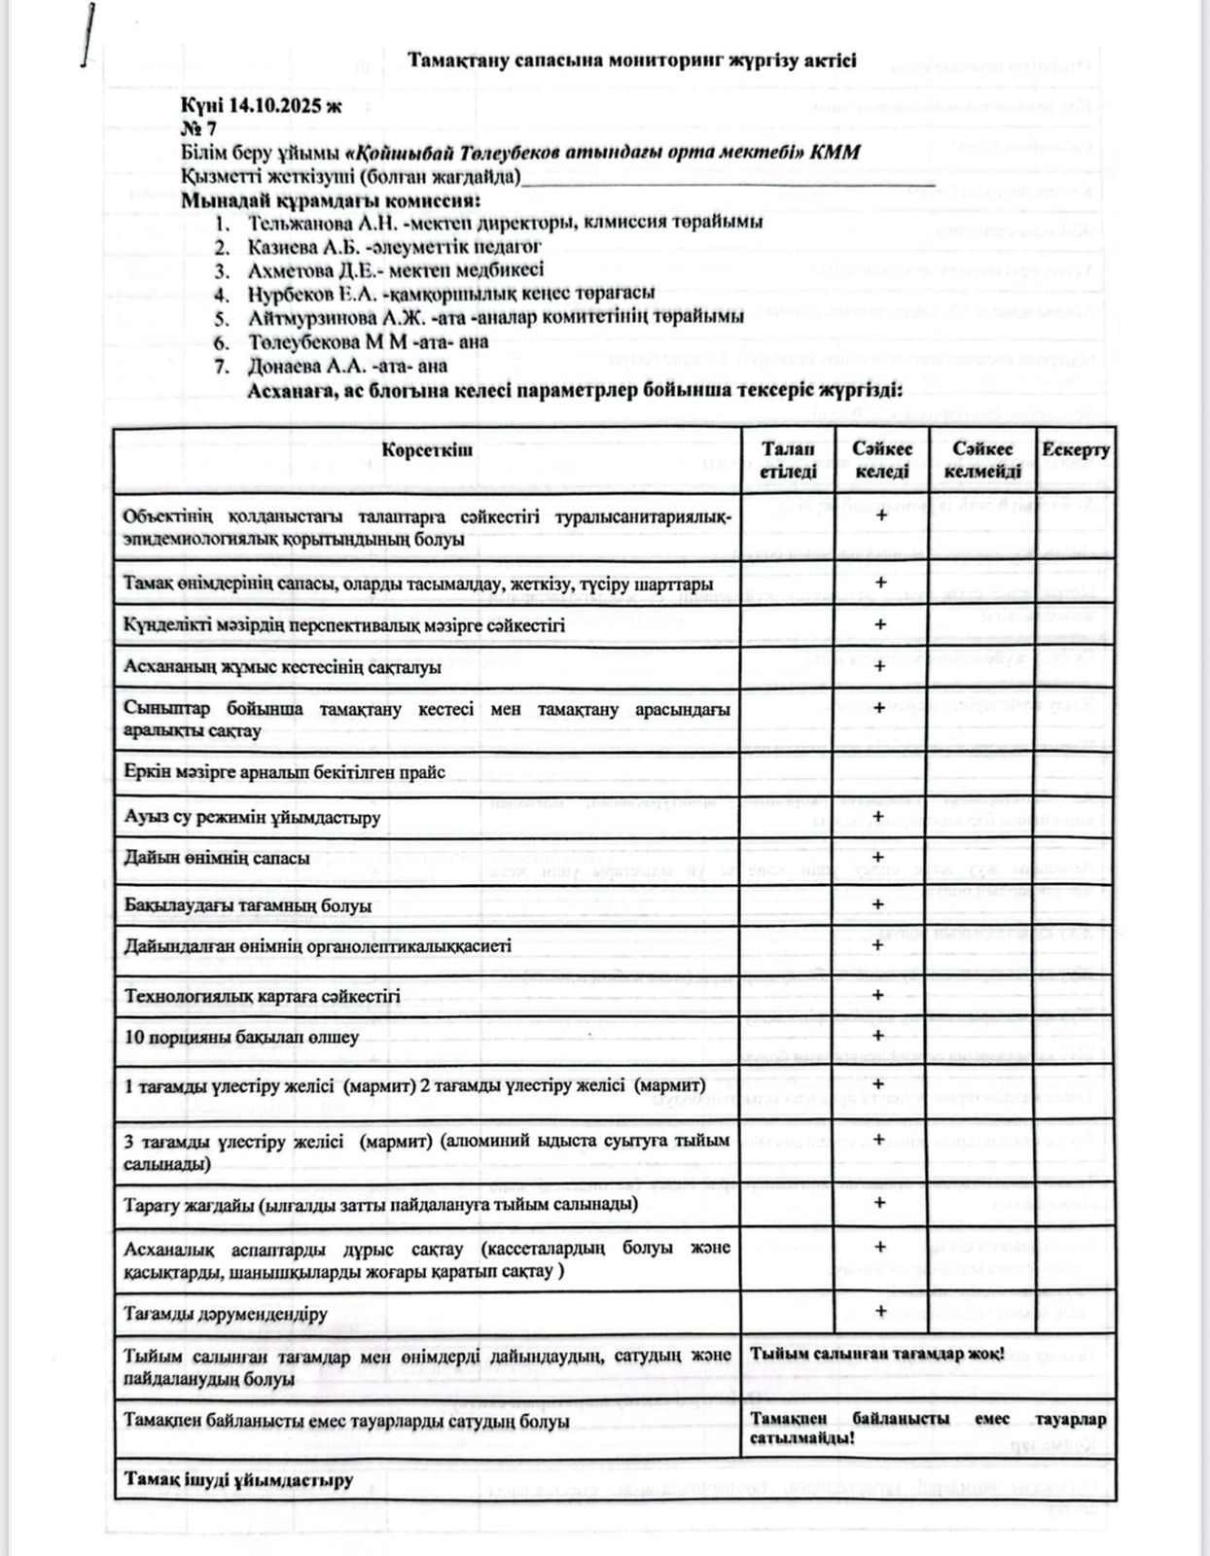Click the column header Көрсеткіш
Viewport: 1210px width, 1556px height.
(428, 451)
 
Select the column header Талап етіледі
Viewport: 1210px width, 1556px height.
(788, 460)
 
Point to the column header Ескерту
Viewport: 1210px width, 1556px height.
(1075, 450)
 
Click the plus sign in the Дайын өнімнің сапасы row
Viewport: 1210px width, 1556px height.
(881, 857)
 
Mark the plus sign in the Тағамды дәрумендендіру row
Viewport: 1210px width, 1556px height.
(881, 1310)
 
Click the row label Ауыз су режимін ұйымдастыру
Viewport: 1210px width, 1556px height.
(252, 817)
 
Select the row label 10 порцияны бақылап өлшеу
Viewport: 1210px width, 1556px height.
(241, 1037)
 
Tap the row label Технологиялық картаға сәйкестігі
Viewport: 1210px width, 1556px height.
(262, 996)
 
